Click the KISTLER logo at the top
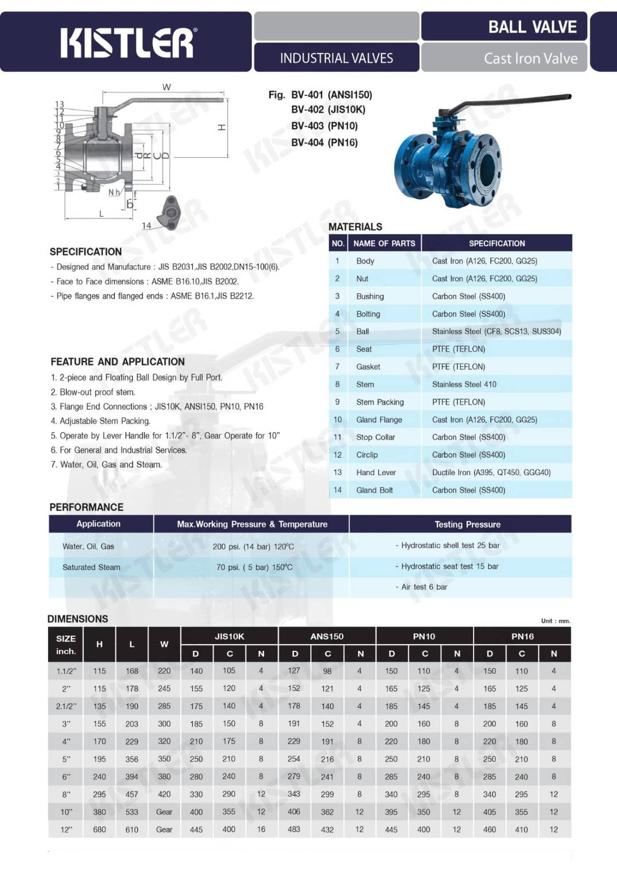127,43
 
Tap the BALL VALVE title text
532,27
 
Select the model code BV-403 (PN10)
324,126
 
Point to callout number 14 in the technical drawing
146,226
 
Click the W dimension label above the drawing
166,87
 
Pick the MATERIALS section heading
355,227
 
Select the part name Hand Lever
376,472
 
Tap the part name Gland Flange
379,420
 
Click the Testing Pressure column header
467,524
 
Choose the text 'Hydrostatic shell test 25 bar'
450,545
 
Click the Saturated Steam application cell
91,567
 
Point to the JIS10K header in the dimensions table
230,636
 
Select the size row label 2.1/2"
66,706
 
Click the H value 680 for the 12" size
99,829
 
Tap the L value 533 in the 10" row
132,812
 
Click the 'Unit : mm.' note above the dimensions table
556,620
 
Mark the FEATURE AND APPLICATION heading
118,362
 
